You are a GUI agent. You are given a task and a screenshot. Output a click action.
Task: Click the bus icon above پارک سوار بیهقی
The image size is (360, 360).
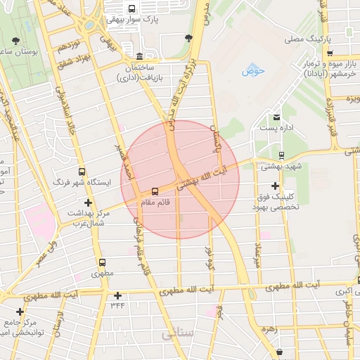[x=131, y=9]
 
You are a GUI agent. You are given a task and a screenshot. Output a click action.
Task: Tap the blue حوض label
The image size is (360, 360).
[x=252, y=71]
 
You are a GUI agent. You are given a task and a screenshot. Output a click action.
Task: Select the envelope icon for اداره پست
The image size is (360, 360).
[x=276, y=117]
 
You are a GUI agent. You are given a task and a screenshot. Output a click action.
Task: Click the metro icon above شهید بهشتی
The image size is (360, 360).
[x=281, y=155]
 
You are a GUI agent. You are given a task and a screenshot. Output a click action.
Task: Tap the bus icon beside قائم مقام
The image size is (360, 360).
[x=155, y=191]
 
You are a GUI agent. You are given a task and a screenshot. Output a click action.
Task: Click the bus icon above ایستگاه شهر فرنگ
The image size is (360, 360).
[x=82, y=172]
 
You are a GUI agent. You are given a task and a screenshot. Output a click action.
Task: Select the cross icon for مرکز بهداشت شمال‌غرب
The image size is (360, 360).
[x=87, y=202]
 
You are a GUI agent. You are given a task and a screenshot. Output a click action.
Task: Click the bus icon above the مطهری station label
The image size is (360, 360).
[x=102, y=262]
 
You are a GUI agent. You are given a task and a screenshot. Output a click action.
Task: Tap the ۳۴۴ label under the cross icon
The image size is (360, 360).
[x=117, y=305]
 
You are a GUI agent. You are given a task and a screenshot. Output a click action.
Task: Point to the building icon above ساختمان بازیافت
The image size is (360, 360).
[x=140, y=56]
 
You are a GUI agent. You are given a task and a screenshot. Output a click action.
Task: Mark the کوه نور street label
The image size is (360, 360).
[x=208, y=259]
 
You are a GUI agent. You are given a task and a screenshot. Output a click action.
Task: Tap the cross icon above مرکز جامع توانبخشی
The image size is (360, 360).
[x=20, y=311]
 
